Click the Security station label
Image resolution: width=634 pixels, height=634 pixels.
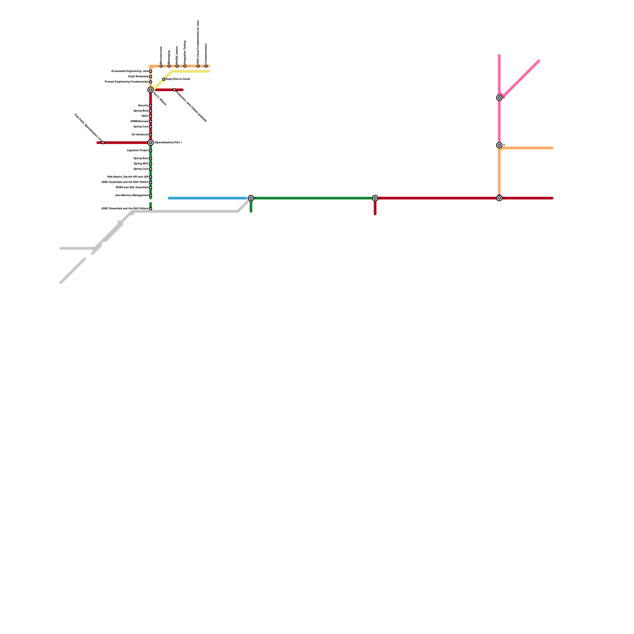pyautogui.click(x=143, y=106)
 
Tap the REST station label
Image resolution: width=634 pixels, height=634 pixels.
pyautogui.click(x=145, y=116)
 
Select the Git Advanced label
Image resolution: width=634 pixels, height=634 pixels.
pyautogui.click(x=140, y=135)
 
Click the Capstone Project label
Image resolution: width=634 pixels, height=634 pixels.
pyautogui.click(x=137, y=151)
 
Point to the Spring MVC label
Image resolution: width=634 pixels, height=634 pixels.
pyautogui.click(x=141, y=164)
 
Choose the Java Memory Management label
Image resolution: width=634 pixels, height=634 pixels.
pyautogui.click(x=132, y=195)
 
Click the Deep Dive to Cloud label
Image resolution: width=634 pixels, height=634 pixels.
pyautogui.click(x=178, y=79)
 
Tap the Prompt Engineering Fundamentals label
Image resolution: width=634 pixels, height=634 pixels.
pyautogui.click(x=126, y=82)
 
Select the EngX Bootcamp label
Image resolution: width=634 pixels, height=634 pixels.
pyautogui.click(x=138, y=76)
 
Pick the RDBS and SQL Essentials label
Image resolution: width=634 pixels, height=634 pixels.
pyautogui.click(x=132, y=187)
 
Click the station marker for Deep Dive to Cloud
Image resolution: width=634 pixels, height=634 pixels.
pyautogui.click(x=164, y=79)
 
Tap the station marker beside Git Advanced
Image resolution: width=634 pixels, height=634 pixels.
pyautogui.click(x=151, y=135)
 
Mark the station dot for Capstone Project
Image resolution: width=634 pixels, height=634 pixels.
pyautogui.click(x=151, y=151)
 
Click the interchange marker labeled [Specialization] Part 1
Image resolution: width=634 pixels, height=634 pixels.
pyautogui.click(x=151, y=143)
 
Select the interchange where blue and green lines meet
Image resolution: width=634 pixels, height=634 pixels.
pyautogui.click(x=251, y=198)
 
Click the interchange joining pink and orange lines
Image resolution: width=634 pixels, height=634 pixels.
pyautogui.click(x=499, y=145)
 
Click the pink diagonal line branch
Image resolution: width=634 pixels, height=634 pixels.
pyautogui.click(x=521, y=78)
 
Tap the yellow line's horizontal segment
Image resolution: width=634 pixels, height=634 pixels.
pyautogui.click(x=190, y=71)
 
